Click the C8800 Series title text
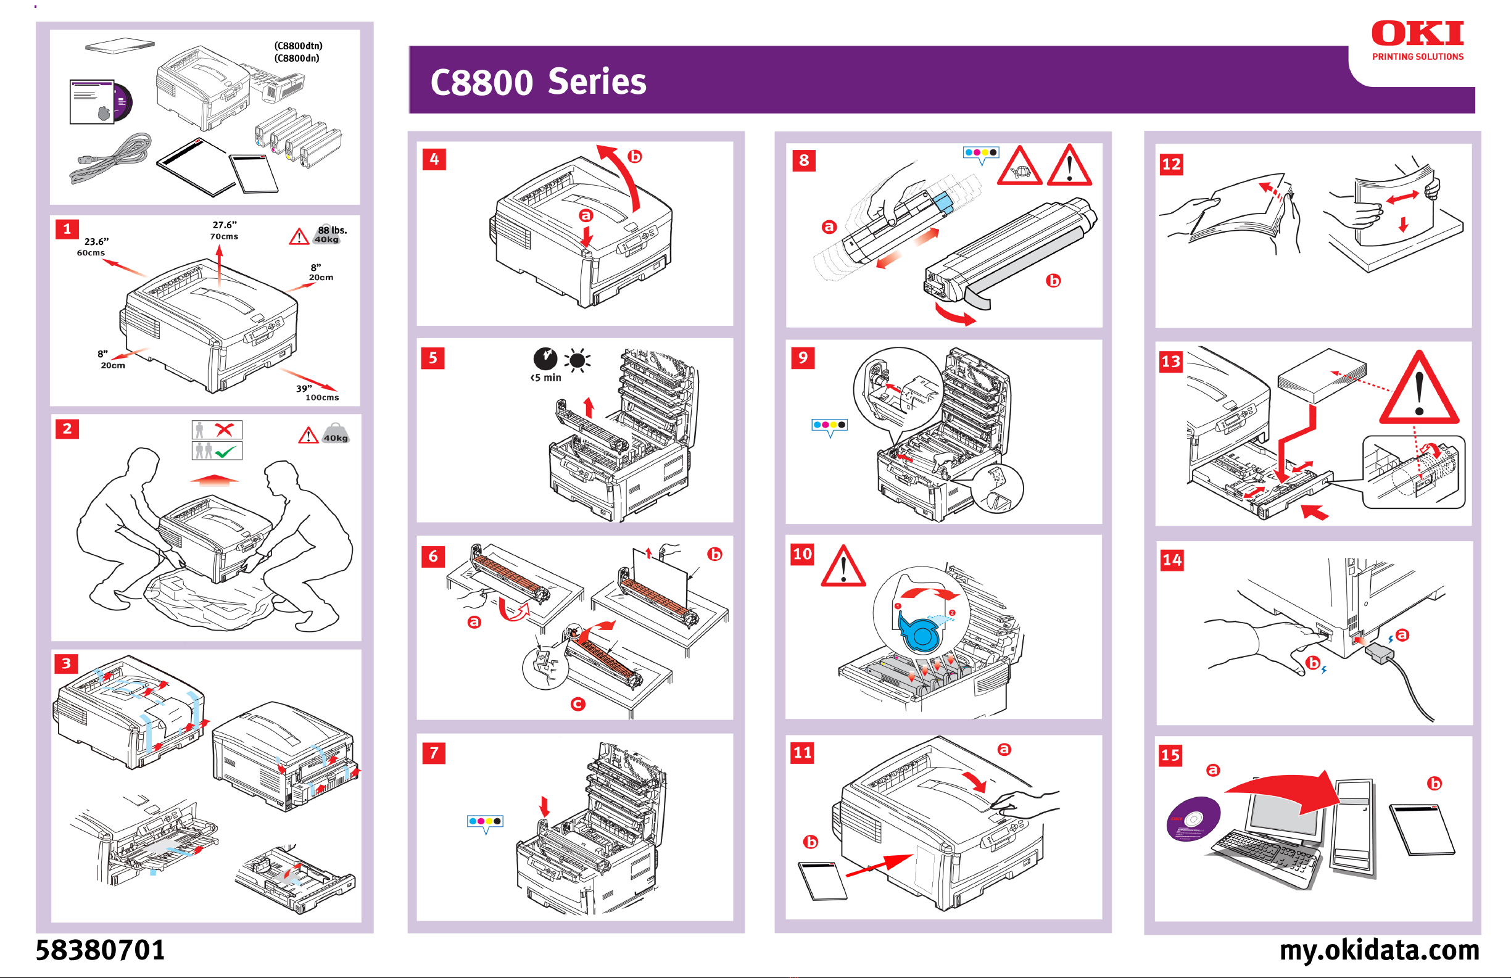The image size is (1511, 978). (x=538, y=83)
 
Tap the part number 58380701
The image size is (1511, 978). (x=101, y=950)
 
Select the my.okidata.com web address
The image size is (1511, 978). (x=1379, y=950)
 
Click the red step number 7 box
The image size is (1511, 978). (x=434, y=753)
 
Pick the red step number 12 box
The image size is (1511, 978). (x=1171, y=165)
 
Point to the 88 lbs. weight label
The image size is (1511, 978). (x=331, y=231)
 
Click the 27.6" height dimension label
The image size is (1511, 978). (x=224, y=225)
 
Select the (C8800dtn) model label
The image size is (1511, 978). (x=299, y=46)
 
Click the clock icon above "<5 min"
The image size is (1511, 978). (x=545, y=359)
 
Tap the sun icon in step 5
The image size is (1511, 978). (x=577, y=361)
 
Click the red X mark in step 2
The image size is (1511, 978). (x=224, y=430)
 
